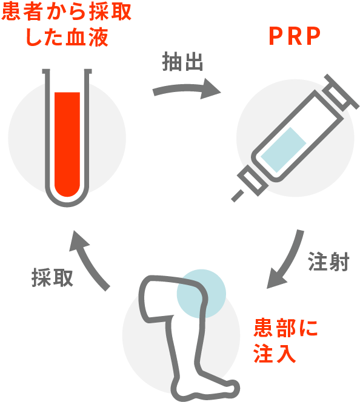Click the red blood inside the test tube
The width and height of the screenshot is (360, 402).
pyautogui.click(x=67, y=143)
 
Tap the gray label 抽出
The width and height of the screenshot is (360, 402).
pyautogui.click(x=182, y=62)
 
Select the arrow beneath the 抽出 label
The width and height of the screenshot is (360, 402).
pyautogui.click(x=186, y=89)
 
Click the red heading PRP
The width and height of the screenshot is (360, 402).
pyautogui.click(x=295, y=36)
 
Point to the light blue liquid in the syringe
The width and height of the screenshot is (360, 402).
pyautogui.click(x=284, y=150)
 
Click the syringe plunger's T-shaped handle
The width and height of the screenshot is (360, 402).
pyautogui.click(x=341, y=92)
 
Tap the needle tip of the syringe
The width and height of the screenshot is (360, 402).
pyautogui.click(x=233, y=199)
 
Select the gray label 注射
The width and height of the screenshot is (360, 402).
pyautogui.click(x=328, y=262)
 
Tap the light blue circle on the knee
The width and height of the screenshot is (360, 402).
pyautogui.click(x=201, y=294)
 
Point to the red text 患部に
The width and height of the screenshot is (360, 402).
pyautogui.click(x=285, y=328)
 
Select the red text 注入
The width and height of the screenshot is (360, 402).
pyautogui.click(x=275, y=354)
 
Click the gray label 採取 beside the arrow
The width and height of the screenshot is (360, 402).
pyautogui.click(x=52, y=278)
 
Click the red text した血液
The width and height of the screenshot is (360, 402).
pyautogui.click(x=67, y=38)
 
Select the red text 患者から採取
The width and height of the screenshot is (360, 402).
pyautogui.click(x=66, y=12)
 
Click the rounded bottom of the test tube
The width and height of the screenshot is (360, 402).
pyautogui.click(x=67, y=203)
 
